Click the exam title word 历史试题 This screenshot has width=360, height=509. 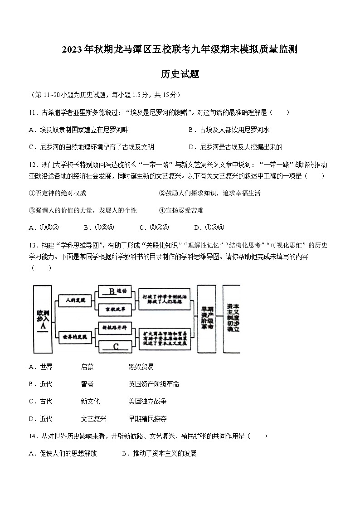180,74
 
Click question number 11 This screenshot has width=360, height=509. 32,112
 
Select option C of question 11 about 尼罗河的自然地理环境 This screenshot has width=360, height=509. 91,147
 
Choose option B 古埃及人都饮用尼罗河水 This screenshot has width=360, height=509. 229,130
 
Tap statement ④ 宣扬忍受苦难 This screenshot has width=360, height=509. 181,210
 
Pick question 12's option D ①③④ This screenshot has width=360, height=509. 209,228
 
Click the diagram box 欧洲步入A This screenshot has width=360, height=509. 43,320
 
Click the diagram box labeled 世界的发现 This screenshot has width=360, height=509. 75,337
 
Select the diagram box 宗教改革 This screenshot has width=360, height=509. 115,309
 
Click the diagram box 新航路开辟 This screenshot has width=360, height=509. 115,327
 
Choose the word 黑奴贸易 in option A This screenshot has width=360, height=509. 141,367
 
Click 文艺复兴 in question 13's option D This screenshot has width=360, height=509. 93,419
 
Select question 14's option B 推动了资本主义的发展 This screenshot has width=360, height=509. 159,453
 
